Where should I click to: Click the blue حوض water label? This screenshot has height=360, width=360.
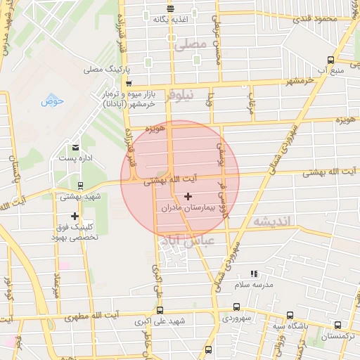click(x=52, y=101)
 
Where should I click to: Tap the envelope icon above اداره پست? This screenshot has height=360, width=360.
click(x=75, y=147)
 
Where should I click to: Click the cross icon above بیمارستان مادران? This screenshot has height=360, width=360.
click(x=187, y=196)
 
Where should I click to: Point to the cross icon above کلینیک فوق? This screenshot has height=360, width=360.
click(x=75, y=216)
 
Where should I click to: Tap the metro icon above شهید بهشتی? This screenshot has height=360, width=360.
click(x=80, y=186)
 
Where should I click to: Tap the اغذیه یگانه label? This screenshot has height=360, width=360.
click(x=169, y=20)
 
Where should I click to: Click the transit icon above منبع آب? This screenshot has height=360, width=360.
click(x=330, y=60)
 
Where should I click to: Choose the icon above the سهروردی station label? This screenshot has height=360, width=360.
click(x=236, y=307)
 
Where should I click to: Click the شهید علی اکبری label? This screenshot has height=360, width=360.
click(x=161, y=321)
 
